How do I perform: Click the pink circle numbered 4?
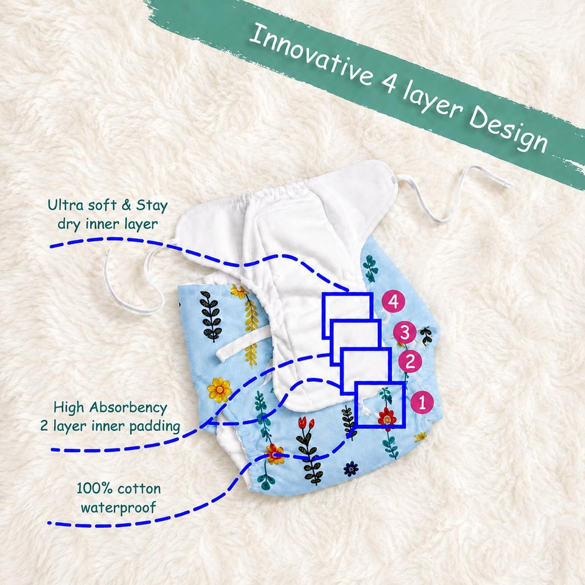(x=393, y=302)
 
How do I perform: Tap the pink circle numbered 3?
(x=405, y=333)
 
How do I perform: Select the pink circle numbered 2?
(x=410, y=362)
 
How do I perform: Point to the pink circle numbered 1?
(x=422, y=403)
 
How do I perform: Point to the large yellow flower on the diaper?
(x=219, y=390)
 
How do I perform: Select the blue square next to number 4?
(x=347, y=316)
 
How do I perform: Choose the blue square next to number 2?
(x=365, y=371)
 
